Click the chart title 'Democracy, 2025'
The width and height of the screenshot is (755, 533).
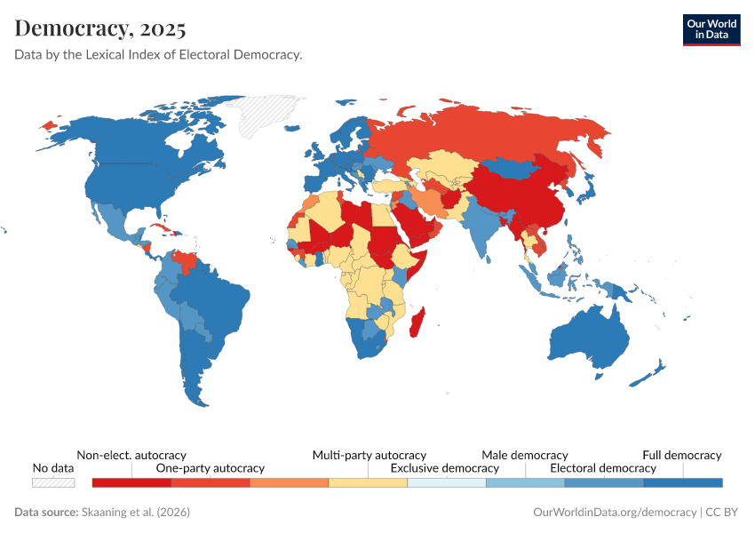[100, 29]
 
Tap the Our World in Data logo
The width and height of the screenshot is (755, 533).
[711, 29]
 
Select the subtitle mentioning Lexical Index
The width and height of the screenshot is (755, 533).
[158, 55]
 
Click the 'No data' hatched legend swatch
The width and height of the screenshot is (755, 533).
[52, 482]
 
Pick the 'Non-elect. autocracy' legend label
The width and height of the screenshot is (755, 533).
[131, 455]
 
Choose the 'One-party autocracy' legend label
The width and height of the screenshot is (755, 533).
[211, 468]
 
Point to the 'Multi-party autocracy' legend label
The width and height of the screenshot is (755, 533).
[369, 455]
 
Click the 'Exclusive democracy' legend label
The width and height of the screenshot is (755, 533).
[445, 468]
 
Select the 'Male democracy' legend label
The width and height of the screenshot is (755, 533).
[524, 455]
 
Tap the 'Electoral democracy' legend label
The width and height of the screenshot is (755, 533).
[603, 468]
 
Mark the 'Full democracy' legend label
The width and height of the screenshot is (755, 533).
[681, 455]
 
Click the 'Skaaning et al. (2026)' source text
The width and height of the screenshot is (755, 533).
[135, 513]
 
